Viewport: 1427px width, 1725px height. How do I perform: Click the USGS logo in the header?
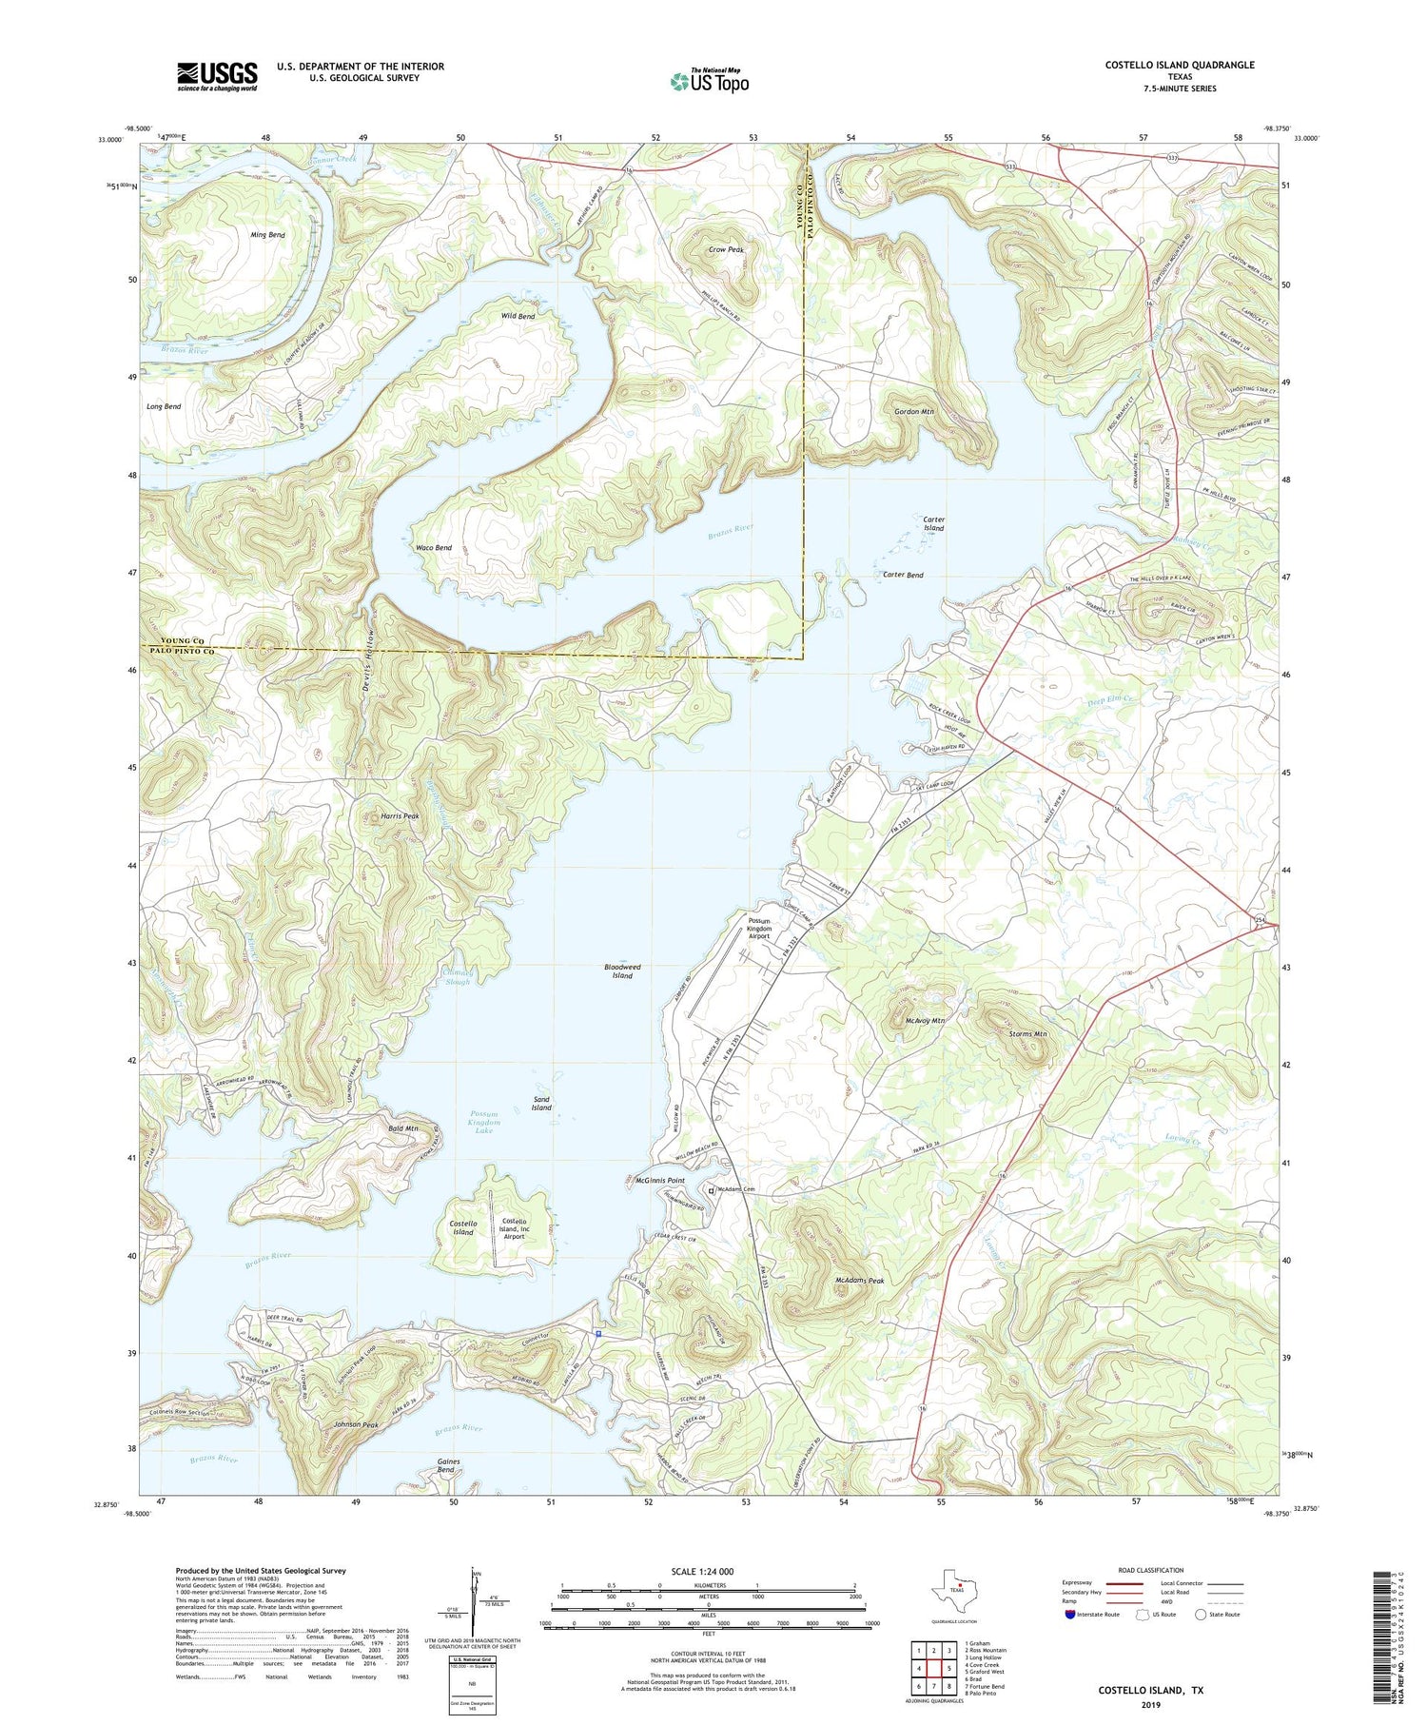[217, 76]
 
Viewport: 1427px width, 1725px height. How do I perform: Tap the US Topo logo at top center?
[709, 81]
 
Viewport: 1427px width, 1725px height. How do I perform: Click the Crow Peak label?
[725, 250]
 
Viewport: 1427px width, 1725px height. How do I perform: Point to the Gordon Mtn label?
[913, 412]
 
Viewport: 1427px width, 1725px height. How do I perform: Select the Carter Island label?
[933, 524]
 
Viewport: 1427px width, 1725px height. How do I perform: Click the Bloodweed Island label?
[622, 970]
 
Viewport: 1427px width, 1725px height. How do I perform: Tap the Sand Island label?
[541, 1104]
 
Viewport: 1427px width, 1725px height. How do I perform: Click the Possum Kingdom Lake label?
[484, 1122]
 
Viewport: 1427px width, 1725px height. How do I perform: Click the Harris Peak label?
[399, 816]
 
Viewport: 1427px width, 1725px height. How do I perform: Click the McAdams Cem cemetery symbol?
[709, 1189]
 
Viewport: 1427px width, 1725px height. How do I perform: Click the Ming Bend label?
[267, 235]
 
